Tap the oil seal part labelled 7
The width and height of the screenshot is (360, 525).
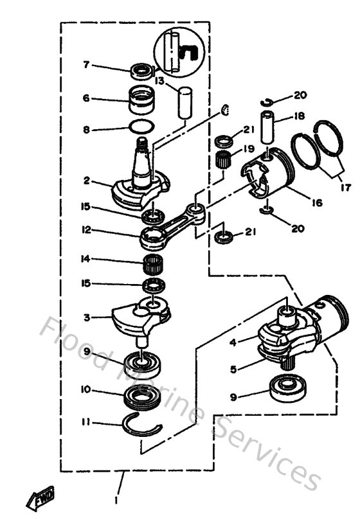click(141, 69)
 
